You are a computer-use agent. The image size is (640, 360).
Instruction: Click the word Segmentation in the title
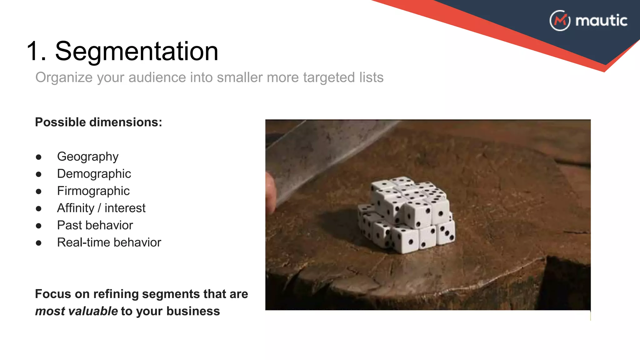pos(137,51)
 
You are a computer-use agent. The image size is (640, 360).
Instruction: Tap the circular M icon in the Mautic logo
pos(560,21)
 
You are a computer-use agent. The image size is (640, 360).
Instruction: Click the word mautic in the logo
pos(601,21)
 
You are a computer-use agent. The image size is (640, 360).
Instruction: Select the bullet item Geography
pos(88,157)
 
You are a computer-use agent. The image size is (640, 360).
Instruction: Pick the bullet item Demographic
pos(94,174)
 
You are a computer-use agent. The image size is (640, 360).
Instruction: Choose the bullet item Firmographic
pos(93,191)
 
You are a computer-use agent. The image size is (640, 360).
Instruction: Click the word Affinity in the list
pos(76,208)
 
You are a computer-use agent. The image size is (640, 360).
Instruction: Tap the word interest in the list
pos(125,208)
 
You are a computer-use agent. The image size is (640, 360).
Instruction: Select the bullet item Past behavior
pos(95,225)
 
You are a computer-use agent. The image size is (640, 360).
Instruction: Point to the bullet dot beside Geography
pos(39,157)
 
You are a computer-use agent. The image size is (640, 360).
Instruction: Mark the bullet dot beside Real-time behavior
pos(39,243)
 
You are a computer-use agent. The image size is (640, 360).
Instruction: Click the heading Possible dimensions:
pos(98,122)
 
